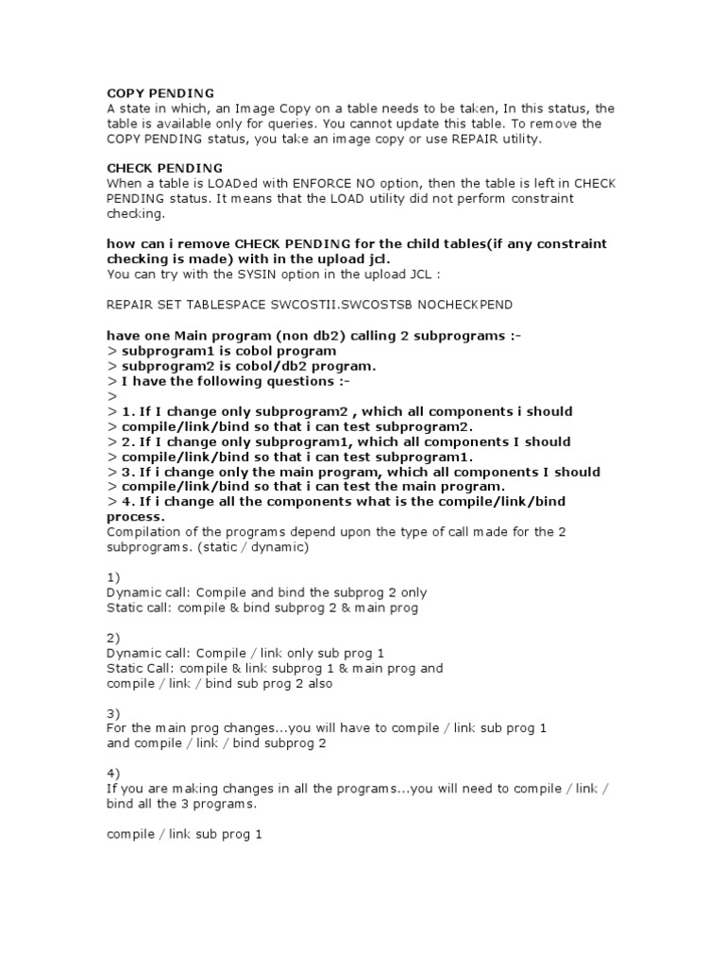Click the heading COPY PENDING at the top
(x=160, y=93)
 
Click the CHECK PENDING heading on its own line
(x=164, y=168)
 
